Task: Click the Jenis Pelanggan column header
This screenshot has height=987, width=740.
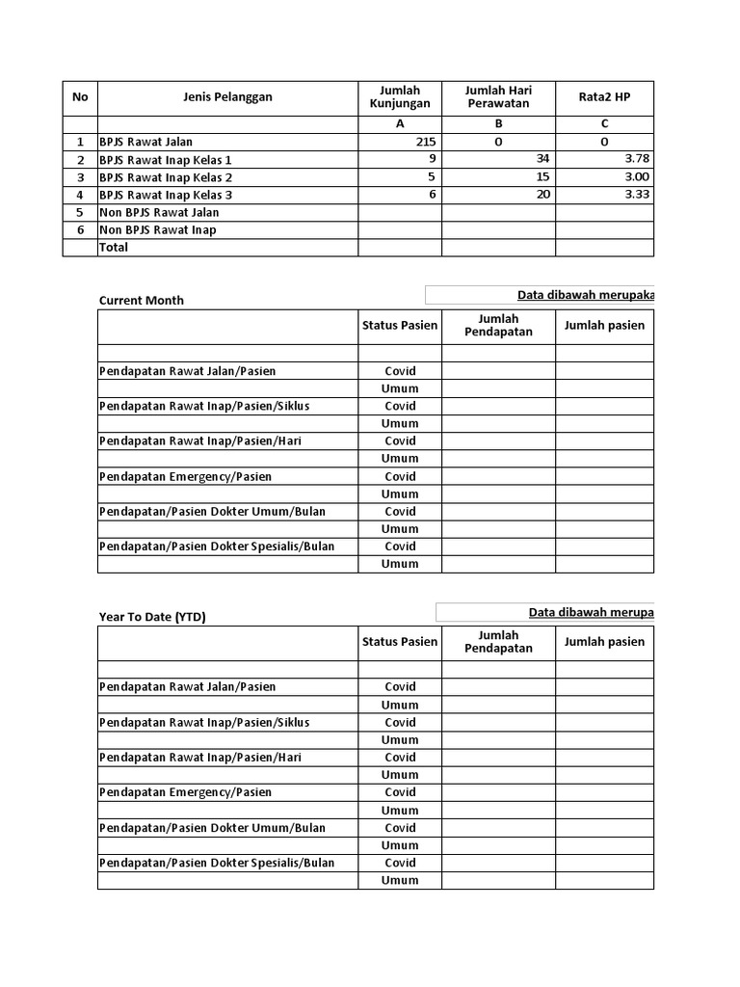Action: [227, 96]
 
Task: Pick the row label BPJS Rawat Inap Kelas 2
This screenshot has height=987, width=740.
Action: [166, 177]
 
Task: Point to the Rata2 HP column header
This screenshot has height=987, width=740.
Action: [604, 96]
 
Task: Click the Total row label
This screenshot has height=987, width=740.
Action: [114, 247]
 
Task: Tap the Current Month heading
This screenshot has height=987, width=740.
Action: [142, 300]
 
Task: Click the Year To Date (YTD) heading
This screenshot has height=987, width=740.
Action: [152, 617]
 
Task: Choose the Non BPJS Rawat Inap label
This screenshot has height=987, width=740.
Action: [158, 229]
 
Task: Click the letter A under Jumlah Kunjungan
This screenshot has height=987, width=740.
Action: [400, 124]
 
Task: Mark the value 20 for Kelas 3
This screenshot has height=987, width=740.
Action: [543, 195]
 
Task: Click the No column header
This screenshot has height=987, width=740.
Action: [80, 96]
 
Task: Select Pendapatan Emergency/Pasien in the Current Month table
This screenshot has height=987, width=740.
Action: [185, 476]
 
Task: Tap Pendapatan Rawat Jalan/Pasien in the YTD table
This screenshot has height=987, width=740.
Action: [187, 686]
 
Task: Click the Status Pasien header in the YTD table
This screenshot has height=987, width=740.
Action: [400, 641]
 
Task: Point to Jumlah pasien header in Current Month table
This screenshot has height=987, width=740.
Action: [604, 325]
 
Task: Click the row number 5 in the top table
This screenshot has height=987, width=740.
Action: [80, 212]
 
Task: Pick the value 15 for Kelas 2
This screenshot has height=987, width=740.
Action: [543, 177]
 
